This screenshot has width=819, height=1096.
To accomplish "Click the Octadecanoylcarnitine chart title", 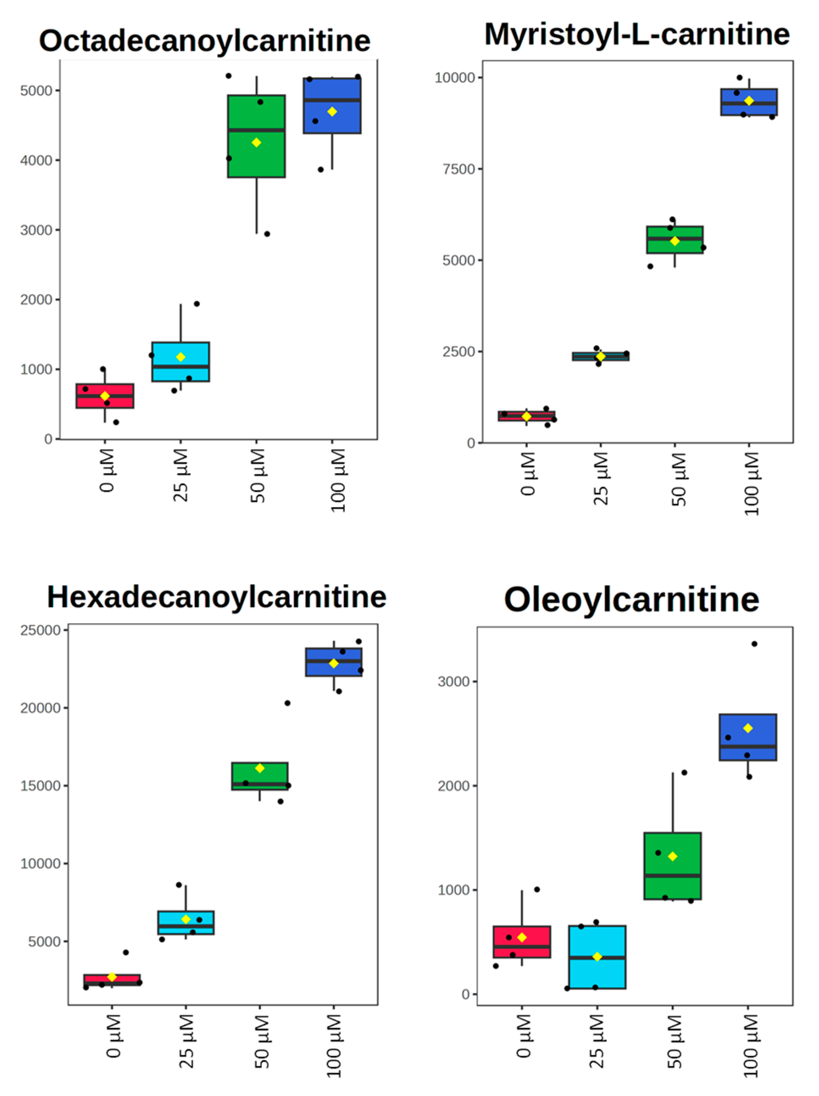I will point(204,41).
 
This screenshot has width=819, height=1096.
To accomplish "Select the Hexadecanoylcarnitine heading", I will point(216,597).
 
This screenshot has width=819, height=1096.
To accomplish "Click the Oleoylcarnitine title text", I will point(631,599).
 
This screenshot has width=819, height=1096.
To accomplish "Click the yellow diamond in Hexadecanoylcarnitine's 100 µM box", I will point(333,663).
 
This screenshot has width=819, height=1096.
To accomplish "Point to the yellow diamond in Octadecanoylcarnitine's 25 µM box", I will point(181,357).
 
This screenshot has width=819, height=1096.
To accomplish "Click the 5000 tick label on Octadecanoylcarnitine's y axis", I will point(36,91).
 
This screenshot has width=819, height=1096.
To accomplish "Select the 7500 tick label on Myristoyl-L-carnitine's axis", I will point(458,169).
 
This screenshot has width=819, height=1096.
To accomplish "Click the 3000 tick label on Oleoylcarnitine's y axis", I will point(453,681).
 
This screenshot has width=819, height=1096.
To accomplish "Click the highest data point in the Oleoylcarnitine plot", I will point(754,644).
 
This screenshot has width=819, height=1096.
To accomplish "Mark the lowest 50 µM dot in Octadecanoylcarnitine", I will point(267,234).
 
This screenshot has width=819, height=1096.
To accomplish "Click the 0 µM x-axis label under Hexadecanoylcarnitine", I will point(114,1035).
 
